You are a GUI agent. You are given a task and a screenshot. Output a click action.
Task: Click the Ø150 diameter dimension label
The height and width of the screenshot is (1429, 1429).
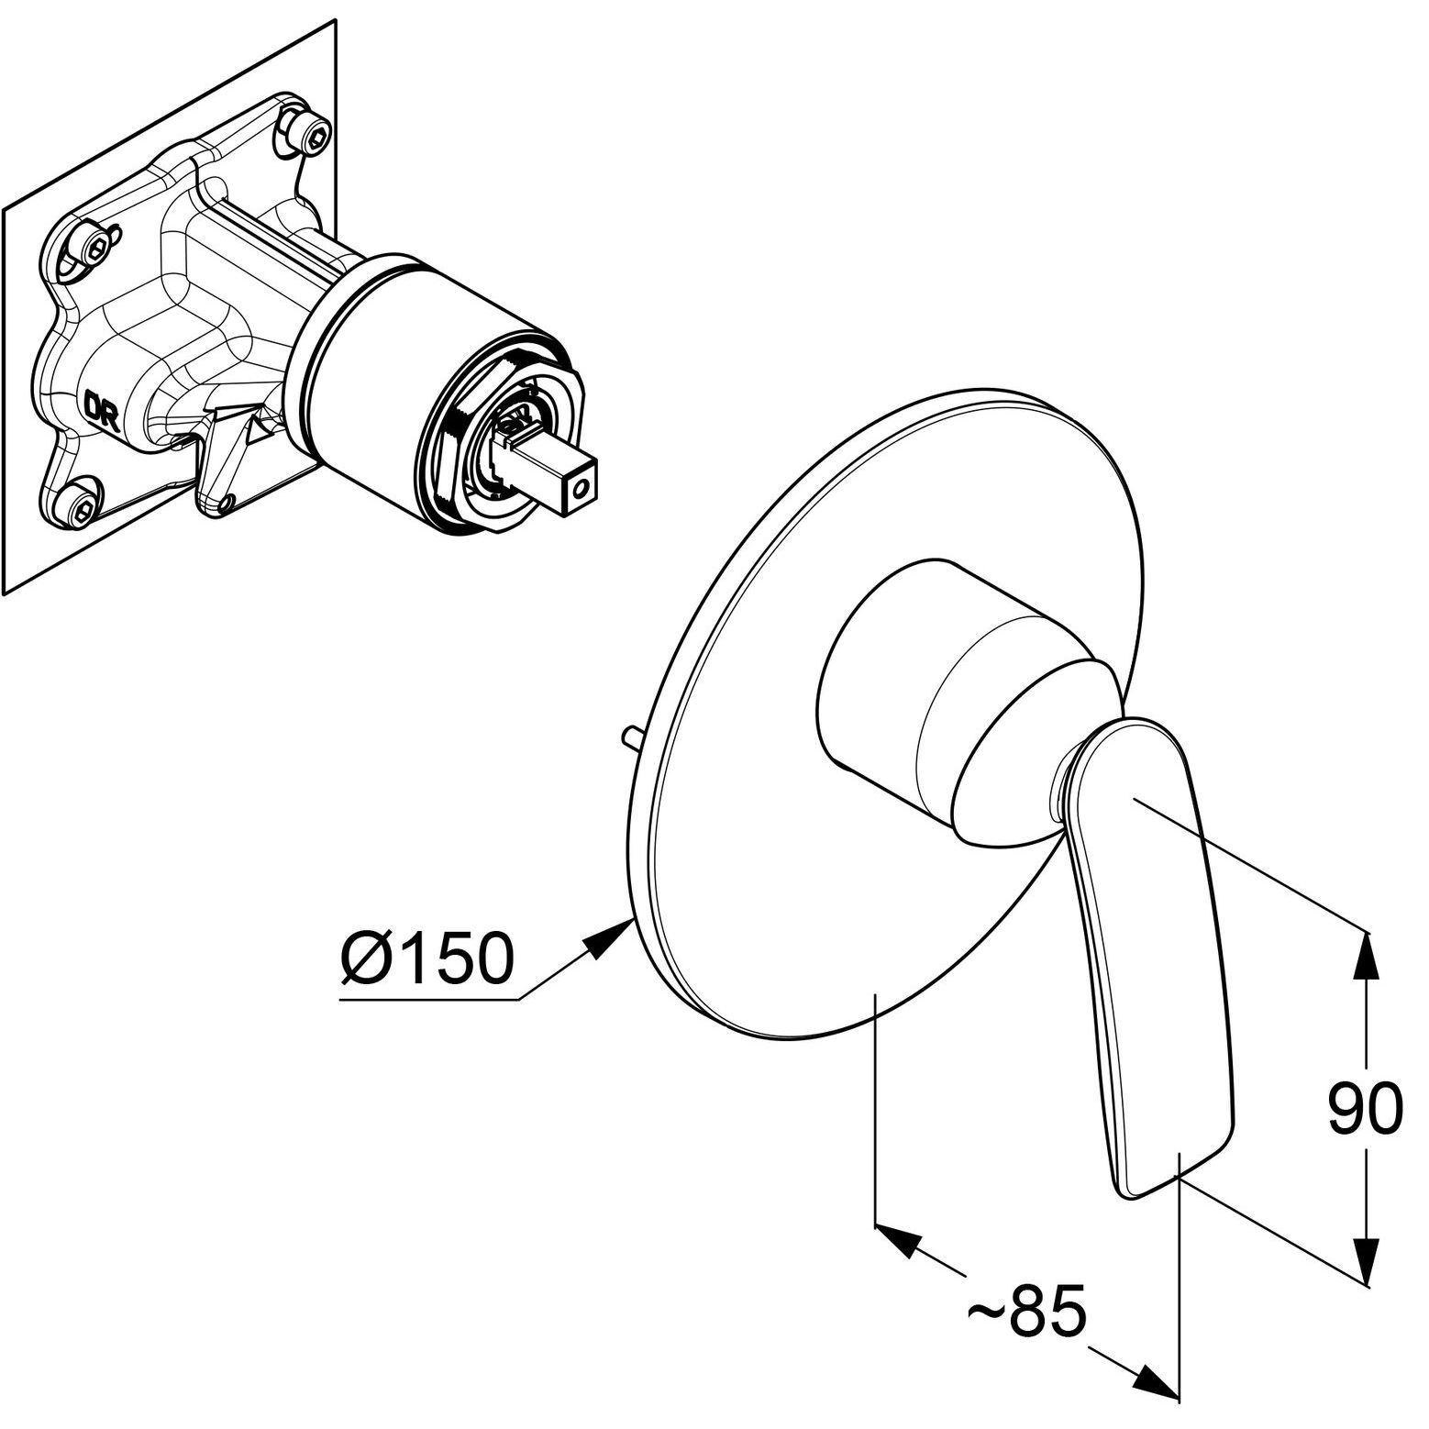click(427, 958)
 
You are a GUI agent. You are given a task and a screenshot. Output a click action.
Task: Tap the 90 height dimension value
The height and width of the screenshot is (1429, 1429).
click(1365, 1109)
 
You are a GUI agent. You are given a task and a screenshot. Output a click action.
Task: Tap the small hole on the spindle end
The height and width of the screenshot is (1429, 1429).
click(577, 491)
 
